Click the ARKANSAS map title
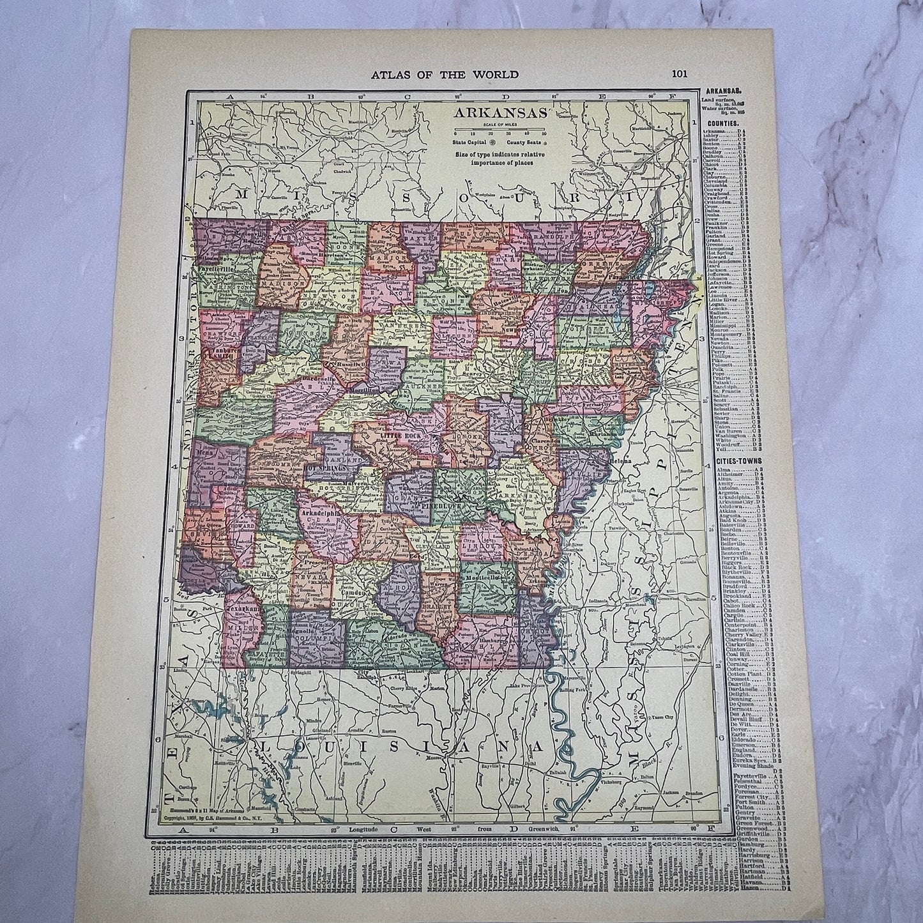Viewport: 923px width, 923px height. coord(500,113)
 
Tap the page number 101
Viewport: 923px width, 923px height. coord(679,73)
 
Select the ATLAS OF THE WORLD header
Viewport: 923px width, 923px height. coord(445,74)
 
